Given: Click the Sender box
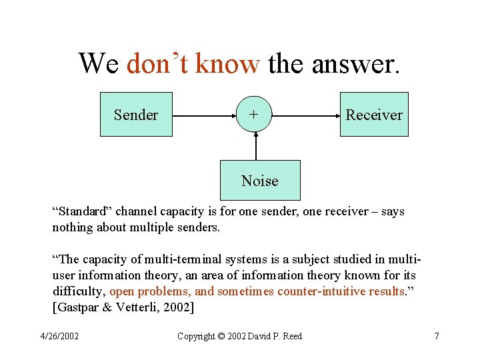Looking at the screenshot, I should [x=136, y=115].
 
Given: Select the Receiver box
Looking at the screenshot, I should [x=374, y=115].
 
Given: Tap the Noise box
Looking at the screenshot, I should [x=260, y=181].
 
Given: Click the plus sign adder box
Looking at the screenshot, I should [x=255, y=115].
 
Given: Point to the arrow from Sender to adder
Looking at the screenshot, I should [x=205, y=115].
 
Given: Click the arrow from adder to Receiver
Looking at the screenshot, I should [x=305, y=115].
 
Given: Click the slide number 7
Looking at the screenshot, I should [x=436, y=336].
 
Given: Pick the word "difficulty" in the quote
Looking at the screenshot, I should [x=79, y=291].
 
